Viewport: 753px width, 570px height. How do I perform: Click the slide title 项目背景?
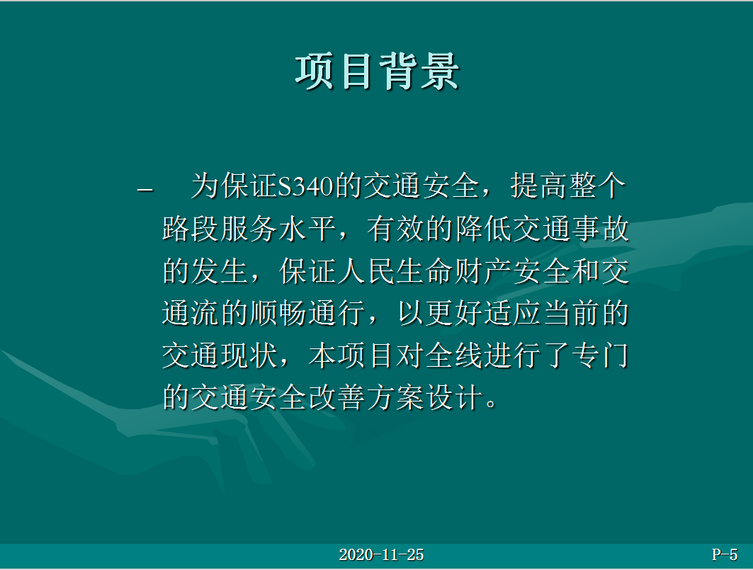point(378,72)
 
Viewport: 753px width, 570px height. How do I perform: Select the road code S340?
point(306,186)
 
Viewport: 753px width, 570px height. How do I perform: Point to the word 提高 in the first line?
point(539,186)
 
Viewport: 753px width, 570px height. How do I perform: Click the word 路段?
point(191,229)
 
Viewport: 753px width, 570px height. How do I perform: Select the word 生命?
point(425,271)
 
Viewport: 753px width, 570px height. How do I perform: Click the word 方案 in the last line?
point(396,398)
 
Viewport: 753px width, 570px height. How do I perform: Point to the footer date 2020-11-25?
point(381,555)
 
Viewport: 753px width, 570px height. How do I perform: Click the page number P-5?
point(725,554)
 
